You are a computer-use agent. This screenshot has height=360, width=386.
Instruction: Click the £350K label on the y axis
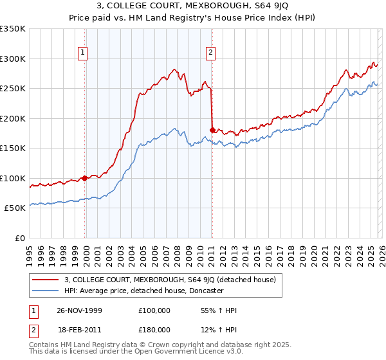[x=12, y=29]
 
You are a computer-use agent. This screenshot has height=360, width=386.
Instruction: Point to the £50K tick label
[x=15, y=208]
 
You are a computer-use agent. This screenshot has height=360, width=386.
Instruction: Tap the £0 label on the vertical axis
[x=21, y=238]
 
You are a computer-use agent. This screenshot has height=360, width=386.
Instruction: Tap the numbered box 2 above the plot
[x=211, y=53]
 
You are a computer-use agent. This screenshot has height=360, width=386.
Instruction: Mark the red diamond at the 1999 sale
[x=85, y=178]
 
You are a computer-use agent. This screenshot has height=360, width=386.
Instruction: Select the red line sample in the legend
[x=46, y=280]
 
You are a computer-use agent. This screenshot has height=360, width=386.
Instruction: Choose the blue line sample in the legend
[x=46, y=291]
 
